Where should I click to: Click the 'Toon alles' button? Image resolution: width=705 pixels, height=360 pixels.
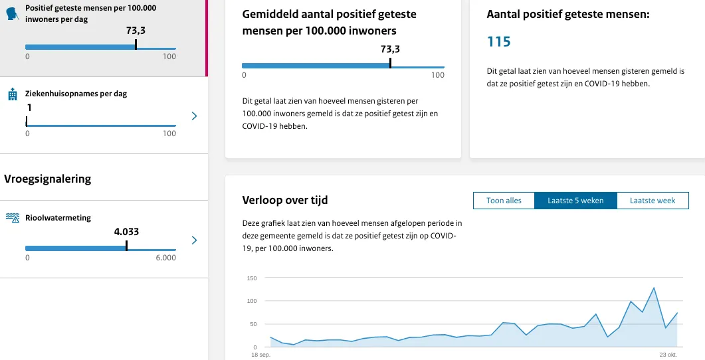point(504,201)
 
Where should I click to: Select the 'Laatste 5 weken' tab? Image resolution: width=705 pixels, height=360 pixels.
point(575,201)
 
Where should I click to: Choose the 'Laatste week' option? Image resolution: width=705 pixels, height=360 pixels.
point(653,201)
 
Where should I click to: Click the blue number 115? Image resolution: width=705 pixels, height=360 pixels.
point(499,42)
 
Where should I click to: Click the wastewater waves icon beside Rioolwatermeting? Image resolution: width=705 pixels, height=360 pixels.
point(12,218)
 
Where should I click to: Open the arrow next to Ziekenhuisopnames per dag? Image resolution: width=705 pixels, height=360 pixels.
point(194,116)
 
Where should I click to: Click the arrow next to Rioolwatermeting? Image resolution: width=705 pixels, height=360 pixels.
point(194,240)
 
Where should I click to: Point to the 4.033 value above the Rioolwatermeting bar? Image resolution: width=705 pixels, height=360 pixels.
point(126,232)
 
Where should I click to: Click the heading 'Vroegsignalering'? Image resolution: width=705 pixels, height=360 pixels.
point(47,179)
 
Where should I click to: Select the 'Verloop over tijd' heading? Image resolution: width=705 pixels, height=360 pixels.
point(285,200)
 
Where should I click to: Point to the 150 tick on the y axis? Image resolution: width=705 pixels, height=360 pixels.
point(251,278)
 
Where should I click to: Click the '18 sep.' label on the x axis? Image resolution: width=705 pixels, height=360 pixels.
point(260,355)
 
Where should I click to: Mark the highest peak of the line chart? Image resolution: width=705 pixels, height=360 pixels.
point(654,288)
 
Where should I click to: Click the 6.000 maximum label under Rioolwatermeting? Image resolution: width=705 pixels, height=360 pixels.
point(165,258)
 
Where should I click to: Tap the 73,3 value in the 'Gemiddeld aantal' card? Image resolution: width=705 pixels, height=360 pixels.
point(390,49)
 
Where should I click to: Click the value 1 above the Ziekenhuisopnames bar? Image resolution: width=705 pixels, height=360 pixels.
point(29,108)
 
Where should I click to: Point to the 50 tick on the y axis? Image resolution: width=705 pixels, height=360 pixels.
point(252,324)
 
